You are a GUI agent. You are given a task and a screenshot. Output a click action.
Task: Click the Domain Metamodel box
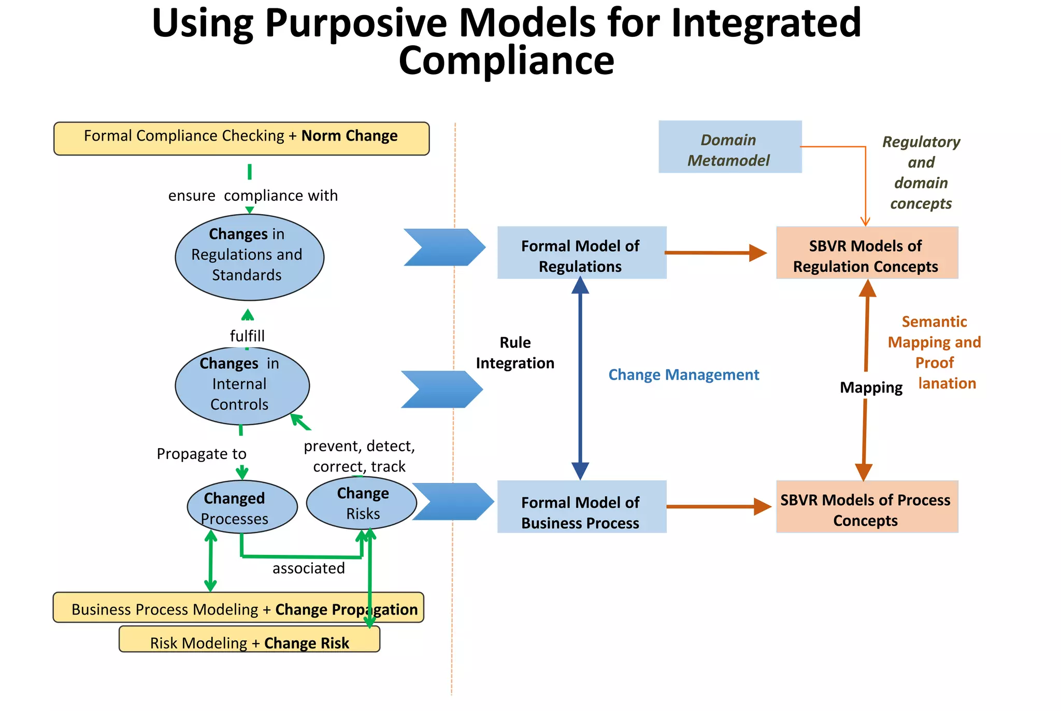(729, 147)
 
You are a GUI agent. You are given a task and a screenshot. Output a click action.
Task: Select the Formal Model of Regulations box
(581, 253)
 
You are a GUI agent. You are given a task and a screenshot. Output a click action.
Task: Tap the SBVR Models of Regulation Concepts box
(866, 253)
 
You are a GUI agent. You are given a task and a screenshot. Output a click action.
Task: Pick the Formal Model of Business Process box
(581, 507)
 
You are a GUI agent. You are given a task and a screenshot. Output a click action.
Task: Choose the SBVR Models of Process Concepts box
(866, 507)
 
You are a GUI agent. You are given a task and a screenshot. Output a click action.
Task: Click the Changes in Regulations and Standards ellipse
(249, 257)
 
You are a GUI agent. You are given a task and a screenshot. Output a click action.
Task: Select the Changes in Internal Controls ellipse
(242, 385)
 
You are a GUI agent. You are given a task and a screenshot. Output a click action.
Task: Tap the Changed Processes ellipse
(242, 507)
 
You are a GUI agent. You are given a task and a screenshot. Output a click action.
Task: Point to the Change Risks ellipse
(361, 503)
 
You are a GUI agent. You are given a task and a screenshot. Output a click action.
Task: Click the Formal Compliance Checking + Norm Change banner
(241, 138)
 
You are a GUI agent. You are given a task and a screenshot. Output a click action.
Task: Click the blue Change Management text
(683, 374)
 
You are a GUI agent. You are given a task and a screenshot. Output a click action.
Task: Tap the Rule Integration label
(515, 353)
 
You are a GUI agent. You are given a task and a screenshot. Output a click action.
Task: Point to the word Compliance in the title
(506, 61)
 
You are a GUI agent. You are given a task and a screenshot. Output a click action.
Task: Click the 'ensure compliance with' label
(253, 196)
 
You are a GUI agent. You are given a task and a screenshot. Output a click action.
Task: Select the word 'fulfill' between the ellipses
(247, 336)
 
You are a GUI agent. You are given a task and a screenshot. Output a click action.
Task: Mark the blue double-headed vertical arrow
(580, 379)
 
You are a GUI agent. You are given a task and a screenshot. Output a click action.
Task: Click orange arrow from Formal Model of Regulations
(715, 253)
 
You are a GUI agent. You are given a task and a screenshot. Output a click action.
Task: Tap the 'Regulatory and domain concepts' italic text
(921, 172)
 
